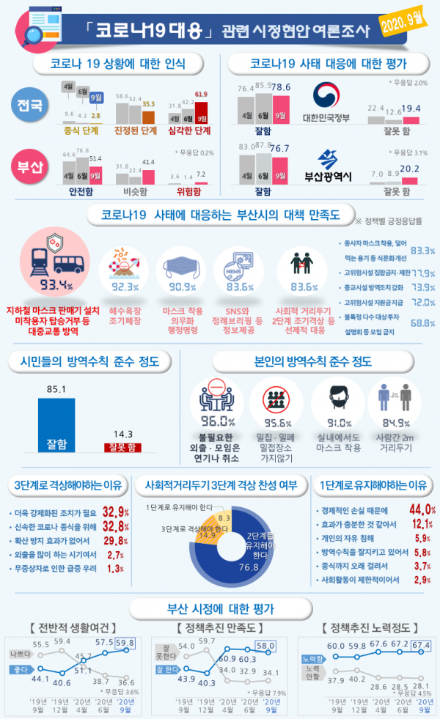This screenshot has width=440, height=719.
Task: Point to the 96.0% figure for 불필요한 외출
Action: click(218, 421)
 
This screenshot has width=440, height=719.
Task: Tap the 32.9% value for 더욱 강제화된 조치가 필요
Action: click(116, 511)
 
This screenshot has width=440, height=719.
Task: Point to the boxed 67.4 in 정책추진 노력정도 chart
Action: click(418, 644)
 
